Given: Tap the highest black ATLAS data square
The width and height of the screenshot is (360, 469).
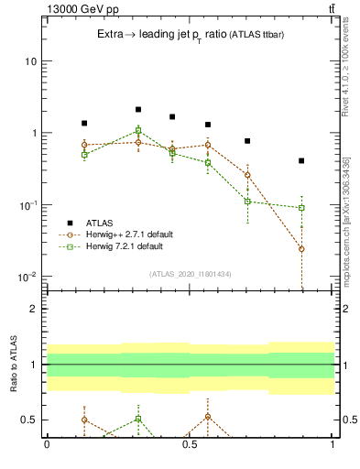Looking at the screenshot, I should click(x=138, y=109).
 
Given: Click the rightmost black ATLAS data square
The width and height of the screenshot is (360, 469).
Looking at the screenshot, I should click(x=301, y=161).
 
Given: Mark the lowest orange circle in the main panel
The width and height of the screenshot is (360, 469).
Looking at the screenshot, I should click(x=301, y=249).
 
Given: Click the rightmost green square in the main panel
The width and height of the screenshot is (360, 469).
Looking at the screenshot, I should click(x=301, y=208).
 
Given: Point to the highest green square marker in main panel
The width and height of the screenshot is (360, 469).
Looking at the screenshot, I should click(x=138, y=130).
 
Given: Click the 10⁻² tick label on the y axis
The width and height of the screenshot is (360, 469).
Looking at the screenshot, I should click(x=27, y=277).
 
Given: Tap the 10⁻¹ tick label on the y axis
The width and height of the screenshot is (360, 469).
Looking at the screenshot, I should click(x=27, y=205).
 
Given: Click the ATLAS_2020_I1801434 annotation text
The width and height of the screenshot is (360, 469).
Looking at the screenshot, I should click(x=190, y=274).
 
